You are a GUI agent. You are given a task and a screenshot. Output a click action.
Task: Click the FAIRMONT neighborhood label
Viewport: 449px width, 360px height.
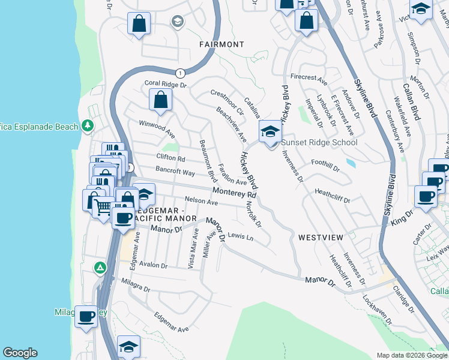pyautogui.click(x=222, y=44)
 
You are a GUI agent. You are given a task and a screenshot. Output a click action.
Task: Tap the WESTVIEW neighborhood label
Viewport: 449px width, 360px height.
pyautogui.click(x=321, y=238)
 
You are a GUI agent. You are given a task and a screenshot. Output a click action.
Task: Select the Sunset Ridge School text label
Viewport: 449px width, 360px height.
pyautogui.click(x=319, y=142)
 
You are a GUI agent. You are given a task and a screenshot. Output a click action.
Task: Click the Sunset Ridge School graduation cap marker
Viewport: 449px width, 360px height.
pyautogui.click(x=270, y=132)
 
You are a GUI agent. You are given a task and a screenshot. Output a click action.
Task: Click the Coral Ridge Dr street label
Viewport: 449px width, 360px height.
pyautogui.click(x=165, y=85)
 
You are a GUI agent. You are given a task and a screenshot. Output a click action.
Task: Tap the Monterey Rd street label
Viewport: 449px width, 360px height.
pyautogui.click(x=234, y=194)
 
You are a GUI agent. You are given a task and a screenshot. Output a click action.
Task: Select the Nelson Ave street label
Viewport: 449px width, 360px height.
pyautogui.click(x=201, y=203)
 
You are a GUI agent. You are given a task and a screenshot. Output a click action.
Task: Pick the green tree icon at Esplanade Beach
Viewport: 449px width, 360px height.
pyautogui.click(x=88, y=125)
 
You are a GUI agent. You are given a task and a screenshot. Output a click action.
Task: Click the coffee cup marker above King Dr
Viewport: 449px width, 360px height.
pyautogui.click(x=427, y=196)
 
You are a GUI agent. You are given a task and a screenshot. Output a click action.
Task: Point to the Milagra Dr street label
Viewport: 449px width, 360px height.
pyautogui.click(x=135, y=285)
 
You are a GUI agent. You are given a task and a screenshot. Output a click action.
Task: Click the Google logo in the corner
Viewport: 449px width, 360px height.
pyautogui.click(x=20, y=353)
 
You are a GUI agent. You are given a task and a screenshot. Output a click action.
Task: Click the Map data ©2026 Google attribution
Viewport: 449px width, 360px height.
pyautogui.click(x=412, y=355)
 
